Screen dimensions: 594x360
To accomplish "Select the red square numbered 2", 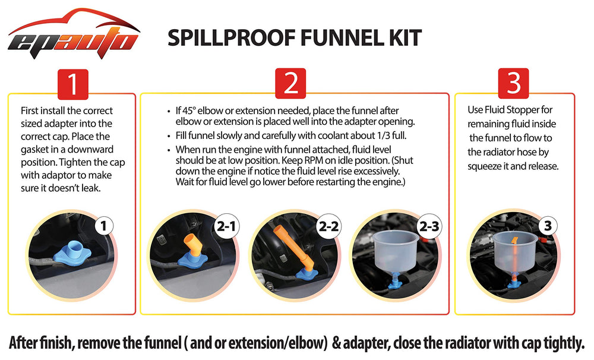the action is click(290, 83).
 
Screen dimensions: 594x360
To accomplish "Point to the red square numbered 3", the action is click(514, 83).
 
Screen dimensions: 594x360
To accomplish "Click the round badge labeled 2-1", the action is click(226, 226).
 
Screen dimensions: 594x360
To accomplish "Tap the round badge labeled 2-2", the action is click(328, 226).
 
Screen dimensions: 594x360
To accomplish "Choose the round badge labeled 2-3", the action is click(429, 226).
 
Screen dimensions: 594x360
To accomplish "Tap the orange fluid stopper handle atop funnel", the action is click(514, 241).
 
